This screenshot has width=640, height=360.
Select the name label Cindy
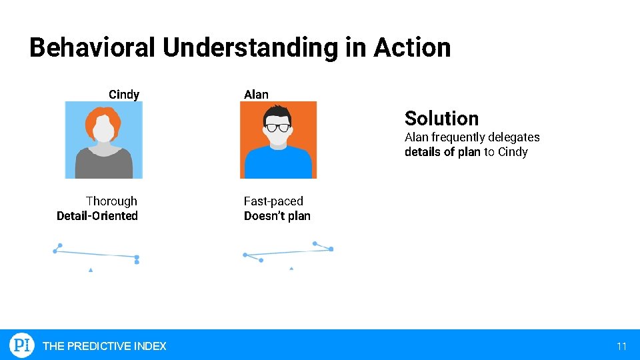[124, 95]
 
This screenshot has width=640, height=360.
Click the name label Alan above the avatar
[256, 95]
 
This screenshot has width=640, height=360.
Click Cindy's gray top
[103, 165]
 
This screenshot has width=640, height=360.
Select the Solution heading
[441, 119]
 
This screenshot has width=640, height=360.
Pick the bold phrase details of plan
[442, 152]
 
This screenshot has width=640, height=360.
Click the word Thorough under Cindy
[111, 201]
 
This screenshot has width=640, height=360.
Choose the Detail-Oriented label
[97, 216]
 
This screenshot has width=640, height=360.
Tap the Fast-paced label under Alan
[273, 201]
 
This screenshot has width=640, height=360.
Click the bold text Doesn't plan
[277, 216]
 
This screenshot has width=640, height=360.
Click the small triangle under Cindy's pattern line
[91, 270]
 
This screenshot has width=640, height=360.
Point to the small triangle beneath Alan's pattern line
[291, 269]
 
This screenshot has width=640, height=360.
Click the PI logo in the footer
[21, 345]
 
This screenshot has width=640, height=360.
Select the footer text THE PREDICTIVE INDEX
[105, 346]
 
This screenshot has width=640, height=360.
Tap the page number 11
[621, 346]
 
